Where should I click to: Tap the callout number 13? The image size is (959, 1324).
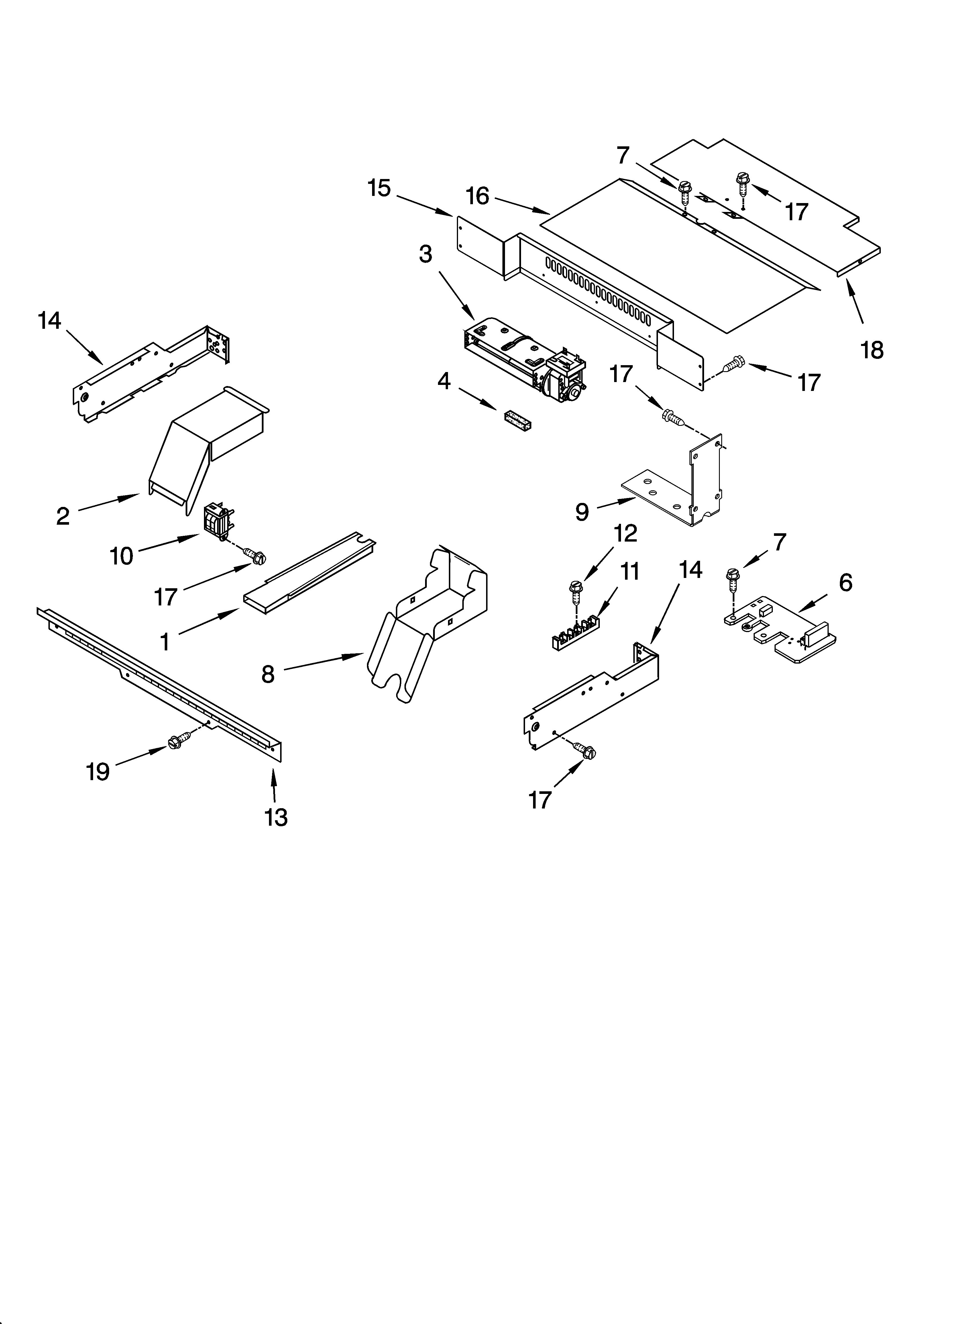276,817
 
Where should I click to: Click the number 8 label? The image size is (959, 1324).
268,674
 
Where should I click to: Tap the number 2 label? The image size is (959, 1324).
62,516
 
